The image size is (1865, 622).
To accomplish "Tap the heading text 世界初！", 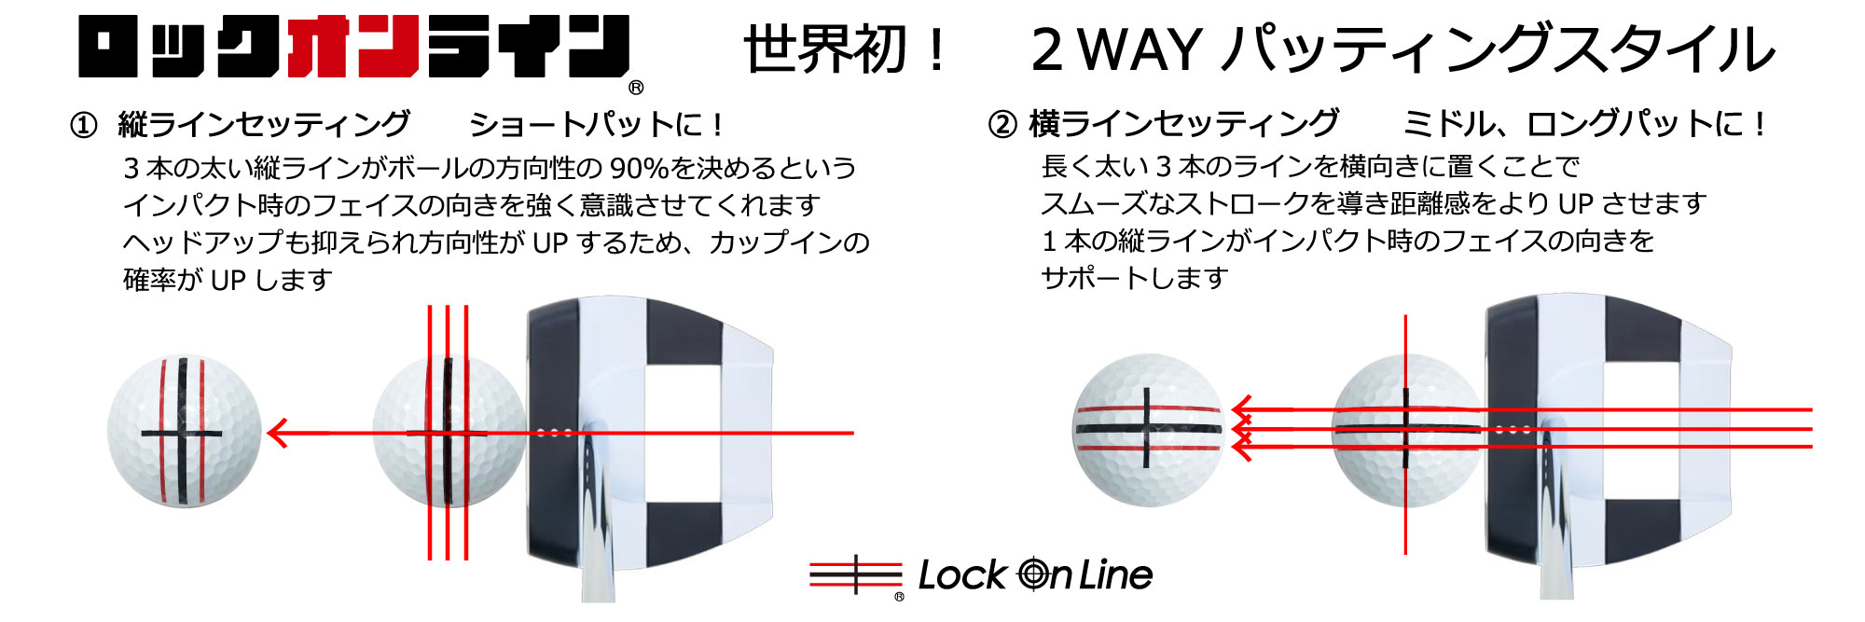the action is (x=845, y=49).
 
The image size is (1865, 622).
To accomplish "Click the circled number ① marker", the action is (x=84, y=125).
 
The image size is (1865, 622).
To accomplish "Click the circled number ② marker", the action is (x=1002, y=124).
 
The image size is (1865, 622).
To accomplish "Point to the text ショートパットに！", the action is (x=597, y=124).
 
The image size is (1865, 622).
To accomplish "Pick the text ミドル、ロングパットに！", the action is (x=1585, y=123).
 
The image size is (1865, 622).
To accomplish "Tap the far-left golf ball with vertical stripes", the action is (x=185, y=431).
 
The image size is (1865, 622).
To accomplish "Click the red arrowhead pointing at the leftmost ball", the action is (x=277, y=433).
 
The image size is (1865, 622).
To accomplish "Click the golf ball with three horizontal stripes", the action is (x=1148, y=430).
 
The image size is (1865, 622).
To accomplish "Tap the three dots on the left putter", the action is (x=554, y=433).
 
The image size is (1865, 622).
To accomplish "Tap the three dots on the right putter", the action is (x=1513, y=430).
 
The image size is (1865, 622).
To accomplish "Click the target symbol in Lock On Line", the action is (x=1034, y=574).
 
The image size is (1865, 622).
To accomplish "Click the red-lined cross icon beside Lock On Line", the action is (x=855, y=574).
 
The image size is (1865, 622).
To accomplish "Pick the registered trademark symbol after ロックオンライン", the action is (x=636, y=88).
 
